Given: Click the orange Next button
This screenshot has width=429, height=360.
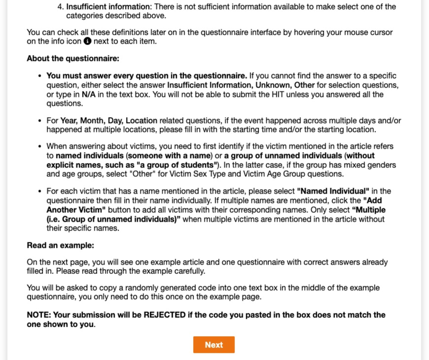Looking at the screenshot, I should (213, 345).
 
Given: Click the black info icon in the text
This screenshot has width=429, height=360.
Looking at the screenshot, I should (87, 41).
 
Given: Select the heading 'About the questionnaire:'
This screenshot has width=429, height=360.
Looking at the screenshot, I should (73, 58).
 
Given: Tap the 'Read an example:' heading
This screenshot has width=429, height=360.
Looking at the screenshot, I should (60, 245).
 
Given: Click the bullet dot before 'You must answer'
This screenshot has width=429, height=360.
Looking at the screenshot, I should (40, 75).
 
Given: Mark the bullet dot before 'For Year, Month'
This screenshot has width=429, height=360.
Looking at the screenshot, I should (40, 121).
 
